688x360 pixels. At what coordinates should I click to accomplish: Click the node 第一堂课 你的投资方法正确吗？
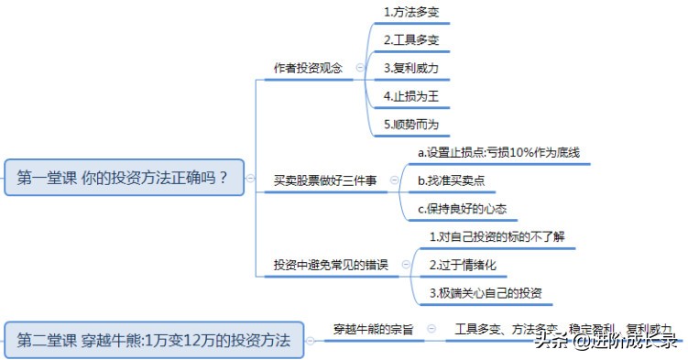click(125, 177)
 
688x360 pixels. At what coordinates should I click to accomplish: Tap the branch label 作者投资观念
click(309, 68)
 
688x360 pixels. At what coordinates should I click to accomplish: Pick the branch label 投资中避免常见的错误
click(331, 265)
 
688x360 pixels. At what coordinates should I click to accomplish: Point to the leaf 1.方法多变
click(411, 12)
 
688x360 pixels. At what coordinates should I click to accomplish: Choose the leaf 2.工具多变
click(411, 39)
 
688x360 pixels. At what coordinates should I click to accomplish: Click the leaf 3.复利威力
click(411, 68)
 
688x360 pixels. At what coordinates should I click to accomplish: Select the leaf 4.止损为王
click(411, 95)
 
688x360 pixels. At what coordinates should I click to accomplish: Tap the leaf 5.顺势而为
click(411, 124)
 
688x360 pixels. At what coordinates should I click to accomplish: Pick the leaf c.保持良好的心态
click(461, 208)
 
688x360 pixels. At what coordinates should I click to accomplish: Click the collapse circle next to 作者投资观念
click(359, 68)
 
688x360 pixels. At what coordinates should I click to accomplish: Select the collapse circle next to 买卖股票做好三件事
click(394, 180)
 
